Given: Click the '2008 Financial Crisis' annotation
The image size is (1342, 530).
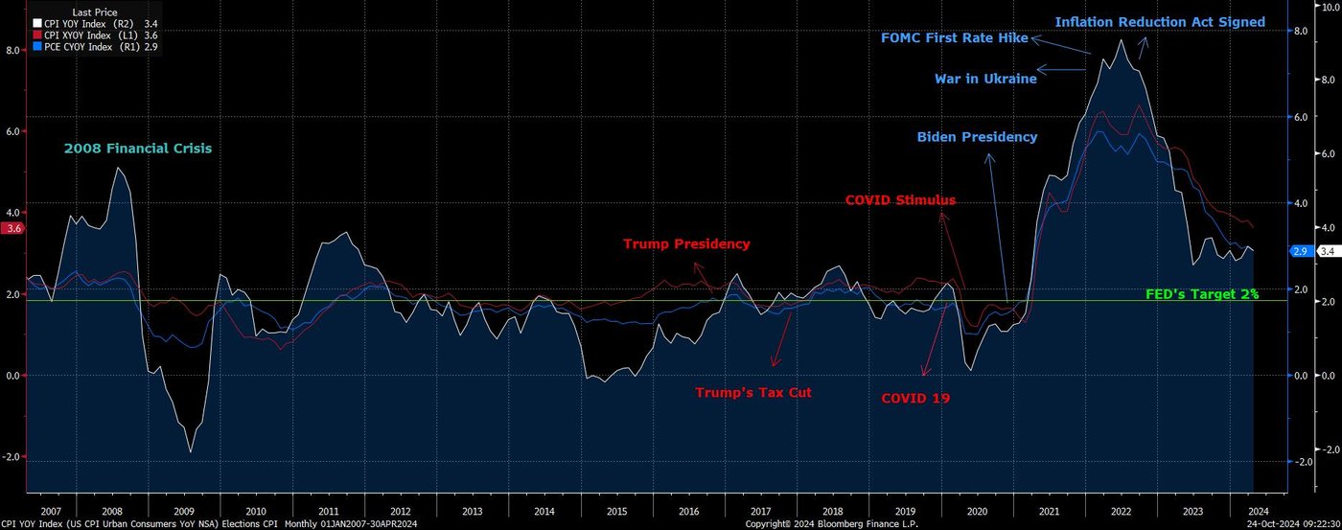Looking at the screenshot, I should coord(138,149).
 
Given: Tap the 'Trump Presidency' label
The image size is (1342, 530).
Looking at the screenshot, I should coord(686,243).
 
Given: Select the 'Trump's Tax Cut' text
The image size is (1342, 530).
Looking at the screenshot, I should coord(753,392).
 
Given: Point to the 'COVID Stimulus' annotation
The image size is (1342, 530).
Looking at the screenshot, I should coord(900,200).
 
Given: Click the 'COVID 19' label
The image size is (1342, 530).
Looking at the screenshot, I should coord(915,398).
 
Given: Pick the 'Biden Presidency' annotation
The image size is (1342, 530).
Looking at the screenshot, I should coord(977,137).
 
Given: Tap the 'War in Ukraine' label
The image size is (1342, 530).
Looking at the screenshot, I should coord(985,79).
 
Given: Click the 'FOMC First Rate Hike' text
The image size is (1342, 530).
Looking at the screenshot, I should coord(954,38).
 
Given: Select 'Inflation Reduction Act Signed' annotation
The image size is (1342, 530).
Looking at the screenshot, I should coord(1160,22).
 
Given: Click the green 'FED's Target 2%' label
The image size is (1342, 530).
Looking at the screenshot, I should coord(1202,294).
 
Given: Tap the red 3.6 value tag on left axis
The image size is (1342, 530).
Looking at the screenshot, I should coord(12,229).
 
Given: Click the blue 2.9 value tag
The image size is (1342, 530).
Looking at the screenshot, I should coord(1301,251).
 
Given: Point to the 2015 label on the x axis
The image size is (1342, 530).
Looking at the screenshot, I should coord(617,512).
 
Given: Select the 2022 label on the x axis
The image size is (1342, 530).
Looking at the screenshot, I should coord(1122,512).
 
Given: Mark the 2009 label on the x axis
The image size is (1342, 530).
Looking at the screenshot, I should coord(184,512).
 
